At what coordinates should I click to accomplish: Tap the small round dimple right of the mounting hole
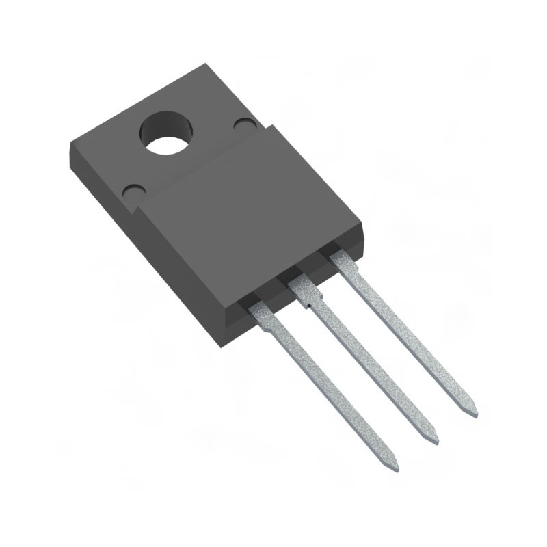(244, 124)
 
